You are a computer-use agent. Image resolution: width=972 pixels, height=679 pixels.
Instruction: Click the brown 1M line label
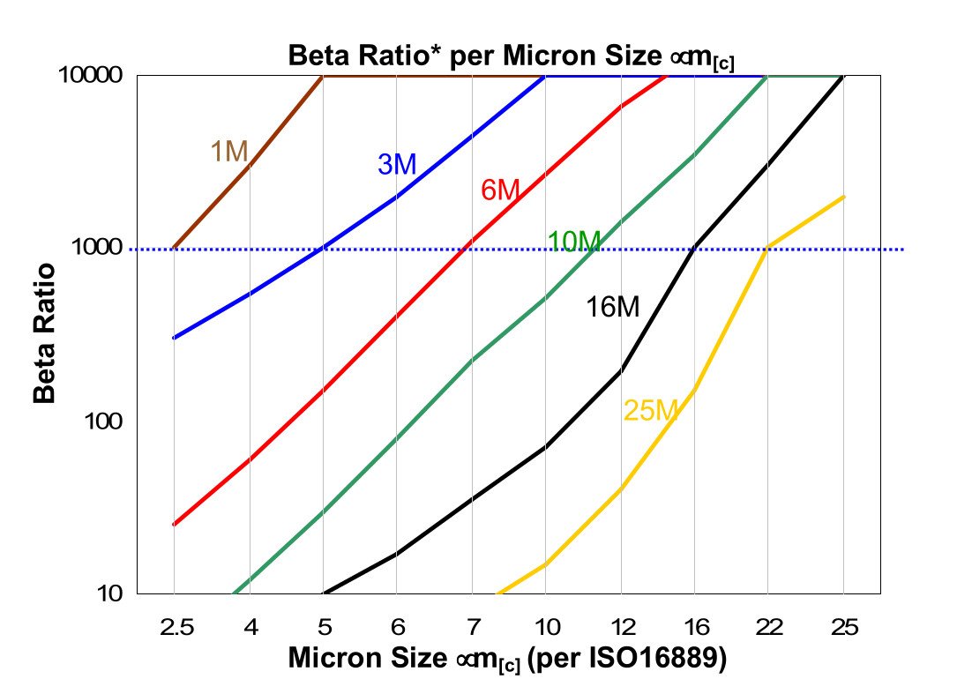tap(228, 152)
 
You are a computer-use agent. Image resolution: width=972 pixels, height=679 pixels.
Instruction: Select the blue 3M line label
tap(396, 164)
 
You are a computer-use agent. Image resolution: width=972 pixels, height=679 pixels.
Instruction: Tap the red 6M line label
tap(499, 190)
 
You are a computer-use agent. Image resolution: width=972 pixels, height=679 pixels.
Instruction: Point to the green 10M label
tap(573, 241)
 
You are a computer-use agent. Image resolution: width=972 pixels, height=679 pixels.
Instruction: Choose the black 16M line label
tap(612, 307)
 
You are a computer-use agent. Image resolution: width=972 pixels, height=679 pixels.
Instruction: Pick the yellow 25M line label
tap(650, 410)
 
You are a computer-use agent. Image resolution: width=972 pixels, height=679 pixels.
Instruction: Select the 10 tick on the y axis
tap(114, 594)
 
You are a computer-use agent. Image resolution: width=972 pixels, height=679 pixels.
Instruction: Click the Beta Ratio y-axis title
tap(45, 333)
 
